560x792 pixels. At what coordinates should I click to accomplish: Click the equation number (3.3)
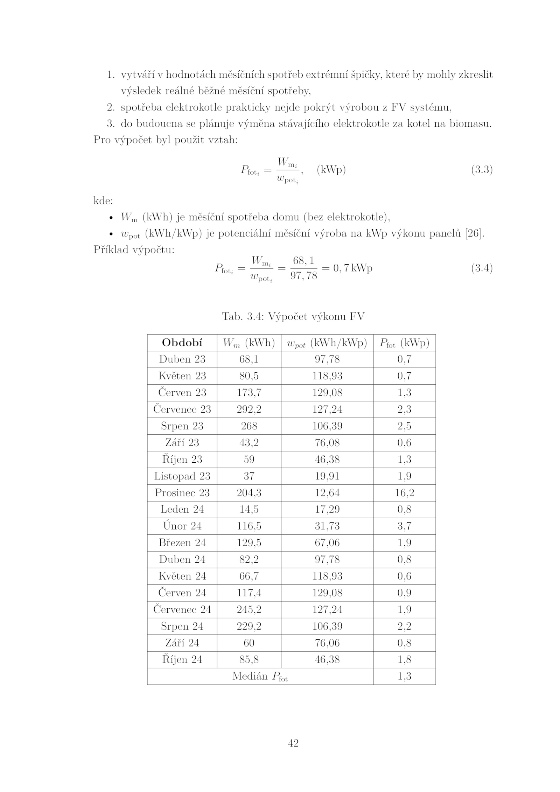[x=482, y=170]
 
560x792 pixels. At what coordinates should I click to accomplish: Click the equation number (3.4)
[x=482, y=268]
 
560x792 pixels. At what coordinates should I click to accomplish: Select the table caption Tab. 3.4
[x=293, y=317]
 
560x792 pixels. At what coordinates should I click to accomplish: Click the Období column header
[x=182, y=343]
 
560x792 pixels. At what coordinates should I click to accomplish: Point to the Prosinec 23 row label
[x=182, y=493]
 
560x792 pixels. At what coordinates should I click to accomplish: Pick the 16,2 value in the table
[x=404, y=493]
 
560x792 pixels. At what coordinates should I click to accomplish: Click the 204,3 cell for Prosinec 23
[x=249, y=493]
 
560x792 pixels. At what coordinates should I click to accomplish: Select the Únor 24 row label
[x=182, y=526]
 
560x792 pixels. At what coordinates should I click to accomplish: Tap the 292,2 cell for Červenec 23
[x=249, y=409]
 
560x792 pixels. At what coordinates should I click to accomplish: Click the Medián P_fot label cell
[x=260, y=677]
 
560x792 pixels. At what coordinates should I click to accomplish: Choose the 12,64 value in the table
[x=327, y=493]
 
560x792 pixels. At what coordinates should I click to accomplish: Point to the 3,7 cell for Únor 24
[x=404, y=526]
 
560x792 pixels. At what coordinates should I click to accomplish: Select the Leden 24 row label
[x=182, y=509]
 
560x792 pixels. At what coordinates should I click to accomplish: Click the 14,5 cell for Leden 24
[x=249, y=509]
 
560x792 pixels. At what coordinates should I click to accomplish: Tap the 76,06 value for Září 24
[x=327, y=643]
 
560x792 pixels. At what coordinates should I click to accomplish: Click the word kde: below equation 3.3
[x=103, y=201]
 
